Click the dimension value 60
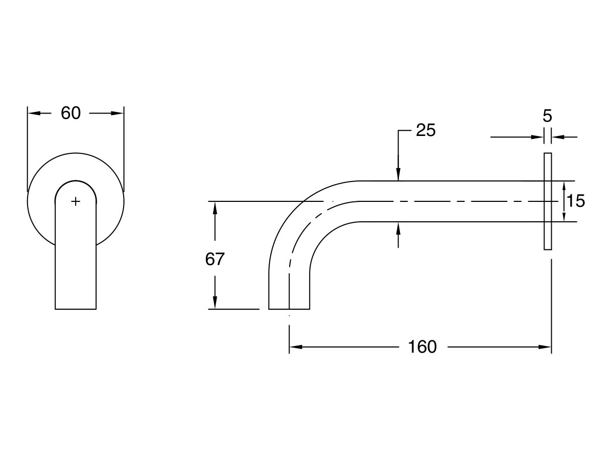point(70,113)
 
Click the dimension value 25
point(426,131)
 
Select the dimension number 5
point(547,116)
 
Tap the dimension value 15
point(576,201)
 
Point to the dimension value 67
point(215,259)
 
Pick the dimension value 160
point(422,347)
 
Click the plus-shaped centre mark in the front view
point(76,201)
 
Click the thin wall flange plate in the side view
point(548,201)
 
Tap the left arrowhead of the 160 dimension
point(294,347)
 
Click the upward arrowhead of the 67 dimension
point(215,206)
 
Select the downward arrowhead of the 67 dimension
point(215,304)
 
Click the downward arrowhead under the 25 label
point(398,175)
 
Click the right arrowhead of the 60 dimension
point(119,113)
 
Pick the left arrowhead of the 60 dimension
point(32,113)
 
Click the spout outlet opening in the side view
point(289,308)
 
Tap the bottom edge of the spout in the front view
point(76,309)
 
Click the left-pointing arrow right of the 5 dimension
point(557,137)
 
